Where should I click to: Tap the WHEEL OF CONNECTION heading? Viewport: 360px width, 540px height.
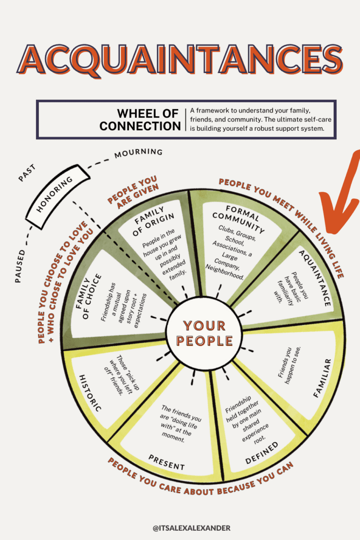click(x=140, y=120)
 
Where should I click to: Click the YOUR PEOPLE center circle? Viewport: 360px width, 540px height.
click(x=204, y=333)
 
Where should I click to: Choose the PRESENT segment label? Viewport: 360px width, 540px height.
click(x=166, y=463)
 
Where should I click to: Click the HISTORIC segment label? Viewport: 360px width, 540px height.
click(x=90, y=393)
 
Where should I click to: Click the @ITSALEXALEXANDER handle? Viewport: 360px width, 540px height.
click(x=191, y=528)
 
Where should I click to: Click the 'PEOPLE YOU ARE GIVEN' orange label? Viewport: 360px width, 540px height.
click(x=133, y=190)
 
